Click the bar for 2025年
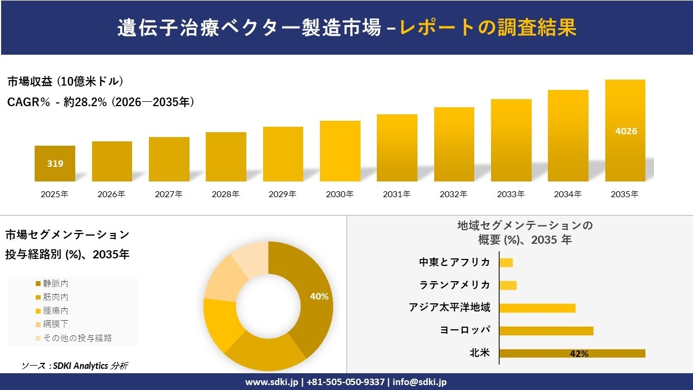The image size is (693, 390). click(55, 164)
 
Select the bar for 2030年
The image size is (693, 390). click(340, 151)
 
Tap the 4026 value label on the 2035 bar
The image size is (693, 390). click(626, 131)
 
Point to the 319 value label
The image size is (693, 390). click(55, 163)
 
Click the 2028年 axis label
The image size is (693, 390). click(226, 194)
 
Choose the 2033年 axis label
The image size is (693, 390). click(511, 194)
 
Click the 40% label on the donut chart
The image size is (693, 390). click(319, 296)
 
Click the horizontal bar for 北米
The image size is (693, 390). click(572, 353)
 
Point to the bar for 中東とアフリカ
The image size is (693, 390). click(506, 263)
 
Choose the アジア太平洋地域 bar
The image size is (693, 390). click(537, 308)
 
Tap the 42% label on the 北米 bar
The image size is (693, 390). click(579, 354)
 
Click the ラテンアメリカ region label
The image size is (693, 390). click(455, 285)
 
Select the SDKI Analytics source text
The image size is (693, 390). click(75, 366)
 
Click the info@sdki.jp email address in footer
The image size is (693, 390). click(420, 382)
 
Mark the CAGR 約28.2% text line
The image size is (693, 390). click(101, 102)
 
